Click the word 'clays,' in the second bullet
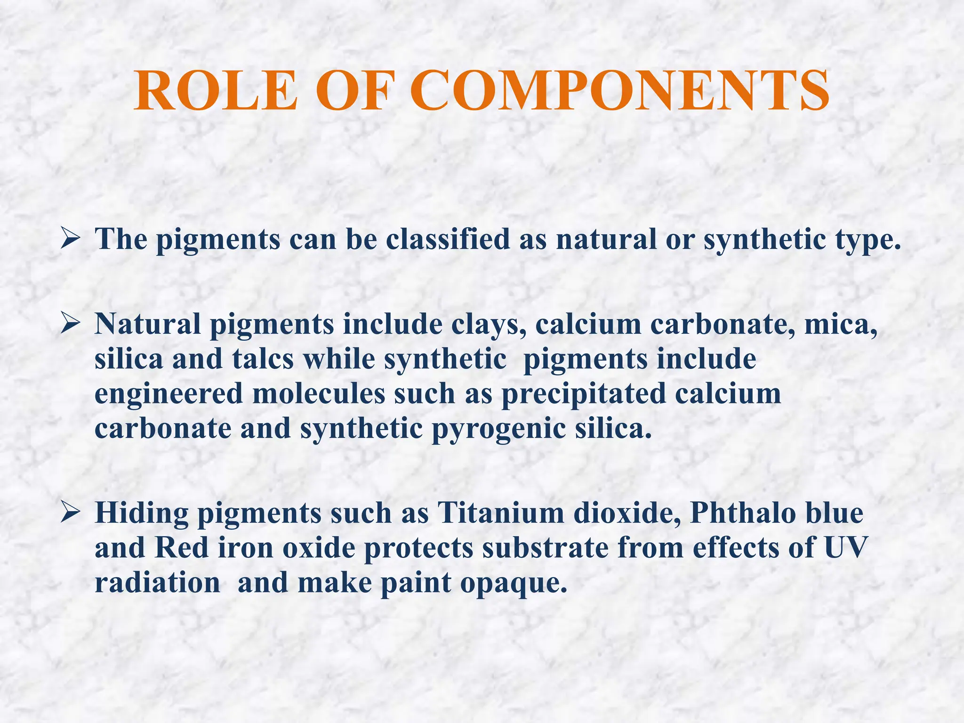[489, 325]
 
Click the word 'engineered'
[169, 394]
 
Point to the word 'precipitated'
[584, 394]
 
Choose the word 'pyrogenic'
[498, 429]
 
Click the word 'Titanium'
[500, 513]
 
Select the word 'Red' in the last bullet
[182, 548]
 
